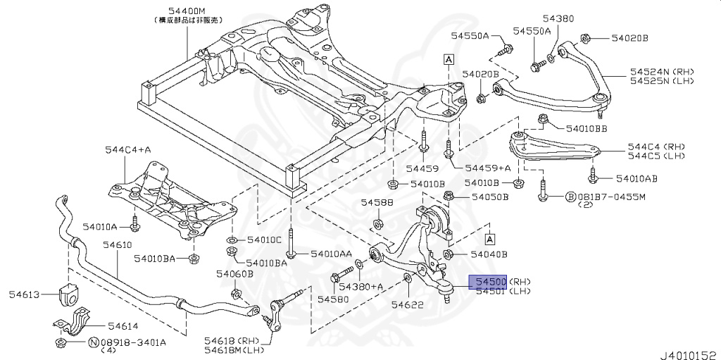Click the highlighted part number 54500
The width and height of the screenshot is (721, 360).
[x=488, y=282]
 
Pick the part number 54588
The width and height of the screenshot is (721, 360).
[x=377, y=202]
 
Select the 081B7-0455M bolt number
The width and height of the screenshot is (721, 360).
[x=611, y=197]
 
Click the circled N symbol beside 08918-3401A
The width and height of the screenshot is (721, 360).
[x=93, y=342]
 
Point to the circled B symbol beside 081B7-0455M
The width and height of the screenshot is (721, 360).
[x=571, y=197]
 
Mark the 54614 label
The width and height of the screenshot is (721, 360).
[x=123, y=325]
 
